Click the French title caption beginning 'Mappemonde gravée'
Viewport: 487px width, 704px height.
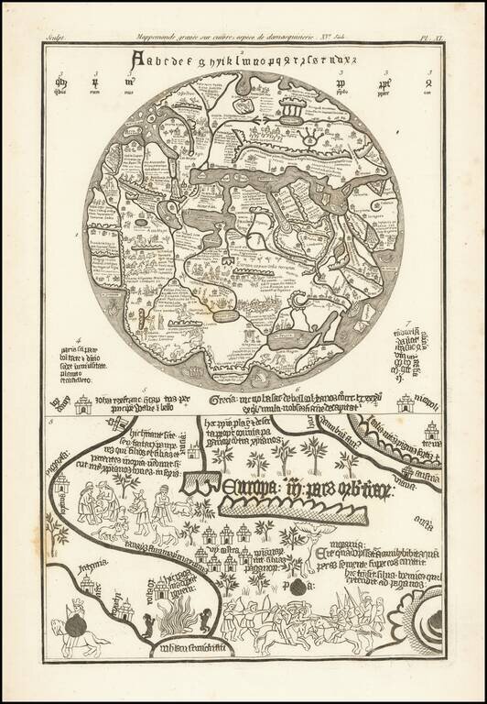pyautogui.click(x=243, y=39)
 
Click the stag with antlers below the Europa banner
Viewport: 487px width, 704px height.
pyautogui.click(x=138, y=504)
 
